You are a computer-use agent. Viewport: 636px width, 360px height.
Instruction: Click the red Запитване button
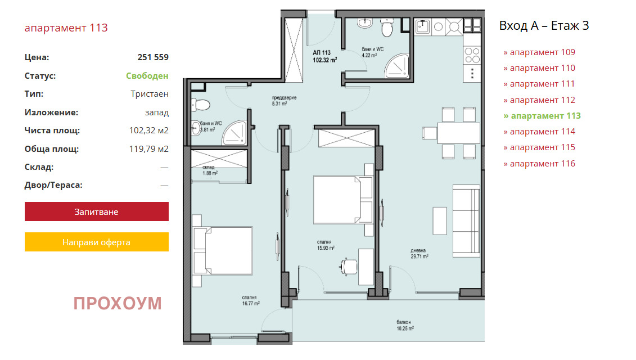tap(97, 211)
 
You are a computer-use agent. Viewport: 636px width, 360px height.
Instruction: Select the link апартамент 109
tap(539, 52)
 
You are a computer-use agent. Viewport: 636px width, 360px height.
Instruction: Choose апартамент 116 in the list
tap(539, 164)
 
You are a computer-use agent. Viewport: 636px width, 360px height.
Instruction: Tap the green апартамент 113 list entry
tap(542, 116)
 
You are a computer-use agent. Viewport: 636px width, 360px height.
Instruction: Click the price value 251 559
tap(153, 57)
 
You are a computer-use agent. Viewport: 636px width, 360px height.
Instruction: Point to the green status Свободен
tap(147, 76)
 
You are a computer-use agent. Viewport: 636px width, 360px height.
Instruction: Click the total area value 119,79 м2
tap(149, 149)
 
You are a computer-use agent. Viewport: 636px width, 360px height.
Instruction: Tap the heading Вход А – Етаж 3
tap(544, 25)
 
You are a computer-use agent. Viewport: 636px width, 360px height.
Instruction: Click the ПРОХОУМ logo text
tap(118, 304)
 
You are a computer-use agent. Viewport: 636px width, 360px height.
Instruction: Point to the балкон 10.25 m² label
tap(405, 325)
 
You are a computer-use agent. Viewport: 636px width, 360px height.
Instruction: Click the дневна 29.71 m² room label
tap(420, 253)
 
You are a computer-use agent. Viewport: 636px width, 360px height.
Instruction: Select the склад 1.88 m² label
tap(210, 170)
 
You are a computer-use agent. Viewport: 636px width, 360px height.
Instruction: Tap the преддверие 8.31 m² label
tap(284, 100)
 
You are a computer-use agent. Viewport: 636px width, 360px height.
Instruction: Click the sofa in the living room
tap(466, 221)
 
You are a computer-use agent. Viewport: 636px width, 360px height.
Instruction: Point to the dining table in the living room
tap(458, 133)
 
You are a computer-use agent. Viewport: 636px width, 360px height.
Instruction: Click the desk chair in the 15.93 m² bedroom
tap(348, 267)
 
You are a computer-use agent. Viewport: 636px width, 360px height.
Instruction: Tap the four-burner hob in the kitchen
tap(472, 55)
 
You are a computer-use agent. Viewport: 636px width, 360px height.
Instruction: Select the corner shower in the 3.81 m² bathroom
tap(235, 133)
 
